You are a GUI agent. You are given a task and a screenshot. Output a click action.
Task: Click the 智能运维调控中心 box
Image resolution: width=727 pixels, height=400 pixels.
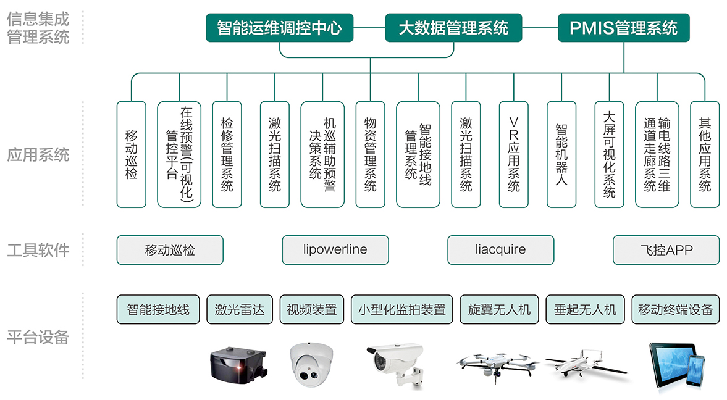pos(279,28)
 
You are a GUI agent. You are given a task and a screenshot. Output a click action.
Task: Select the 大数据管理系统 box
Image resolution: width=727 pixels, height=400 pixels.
pos(453,28)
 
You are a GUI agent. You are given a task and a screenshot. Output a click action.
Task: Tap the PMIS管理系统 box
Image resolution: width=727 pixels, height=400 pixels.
pos(624,28)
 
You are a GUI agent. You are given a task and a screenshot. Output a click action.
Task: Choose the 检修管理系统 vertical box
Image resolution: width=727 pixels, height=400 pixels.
pos(227,154)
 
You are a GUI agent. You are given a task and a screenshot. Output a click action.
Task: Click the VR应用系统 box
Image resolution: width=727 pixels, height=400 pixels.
pos(514,154)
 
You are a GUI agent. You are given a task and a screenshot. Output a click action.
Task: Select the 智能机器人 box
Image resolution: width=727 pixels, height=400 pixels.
pos(561,154)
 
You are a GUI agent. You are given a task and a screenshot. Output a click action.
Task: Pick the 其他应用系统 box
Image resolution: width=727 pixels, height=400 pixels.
pos(705,154)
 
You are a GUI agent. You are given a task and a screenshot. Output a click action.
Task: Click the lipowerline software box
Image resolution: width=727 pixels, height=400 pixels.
pos(335,250)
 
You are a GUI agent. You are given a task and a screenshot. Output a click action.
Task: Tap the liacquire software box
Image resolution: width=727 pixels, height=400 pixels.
pos(501,250)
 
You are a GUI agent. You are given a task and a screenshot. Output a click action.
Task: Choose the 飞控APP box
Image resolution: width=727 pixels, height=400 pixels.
pos(666,250)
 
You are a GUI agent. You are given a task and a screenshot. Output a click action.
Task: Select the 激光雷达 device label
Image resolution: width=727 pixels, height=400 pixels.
pos(239,309)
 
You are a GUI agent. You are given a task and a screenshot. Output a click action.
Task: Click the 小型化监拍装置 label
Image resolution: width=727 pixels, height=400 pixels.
pos(402,309)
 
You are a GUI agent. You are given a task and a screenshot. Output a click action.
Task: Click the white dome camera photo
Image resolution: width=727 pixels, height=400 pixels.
pos(312,365)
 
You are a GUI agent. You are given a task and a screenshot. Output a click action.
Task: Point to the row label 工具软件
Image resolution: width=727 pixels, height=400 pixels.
pos(38,250)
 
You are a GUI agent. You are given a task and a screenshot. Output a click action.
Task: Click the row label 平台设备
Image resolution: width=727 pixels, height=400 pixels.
pos(38,338)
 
